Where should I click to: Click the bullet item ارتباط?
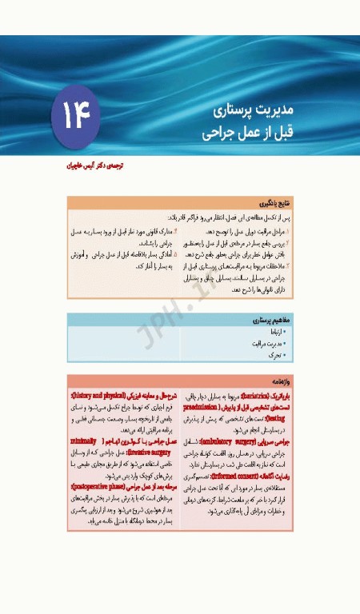click(x=277, y=329)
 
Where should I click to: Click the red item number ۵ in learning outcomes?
click(x=175, y=253)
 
